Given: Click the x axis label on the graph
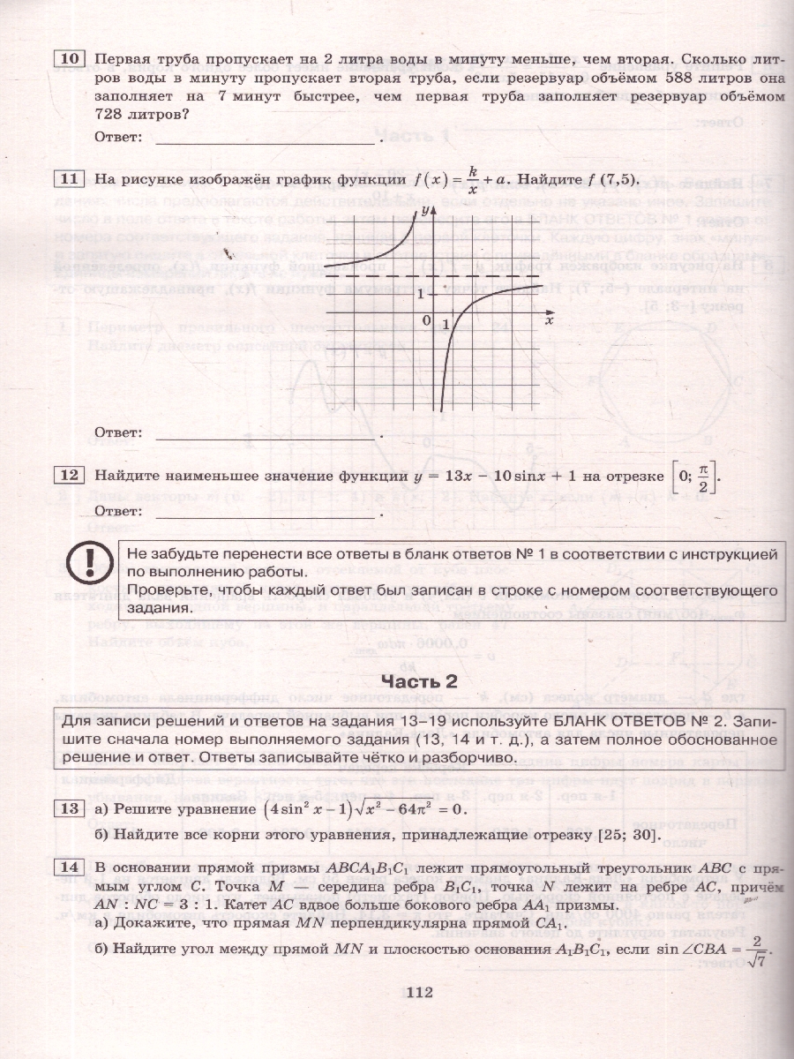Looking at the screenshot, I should click(548, 322).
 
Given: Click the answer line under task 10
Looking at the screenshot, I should click(265, 141).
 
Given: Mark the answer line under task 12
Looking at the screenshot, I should click(265, 514).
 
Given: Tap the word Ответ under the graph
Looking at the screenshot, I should click(117, 433).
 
